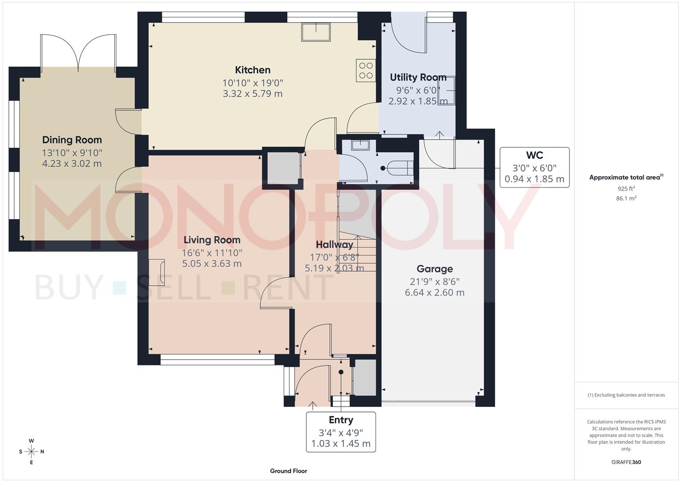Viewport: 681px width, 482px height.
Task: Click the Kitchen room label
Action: pyautogui.click(x=252, y=70)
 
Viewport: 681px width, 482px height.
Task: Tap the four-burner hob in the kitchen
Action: pyautogui.click(x=366, y=71)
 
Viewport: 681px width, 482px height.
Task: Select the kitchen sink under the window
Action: pyautogui.click(x=316, y=32)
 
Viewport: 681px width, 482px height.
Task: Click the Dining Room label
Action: pyautogui.click(x=72, y=140)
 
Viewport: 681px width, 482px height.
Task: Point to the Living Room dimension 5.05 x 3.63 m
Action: pyautogui.click(x=212, y=264)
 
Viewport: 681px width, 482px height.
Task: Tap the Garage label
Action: pyautogui.click(x=434, y=269)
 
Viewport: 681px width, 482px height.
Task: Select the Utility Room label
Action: pyautogui.click(x=418, y=77)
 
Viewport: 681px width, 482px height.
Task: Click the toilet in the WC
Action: pyautogui.click(x=398, y=168)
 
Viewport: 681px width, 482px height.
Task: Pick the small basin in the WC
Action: pyautogui.click(x=359, y=145)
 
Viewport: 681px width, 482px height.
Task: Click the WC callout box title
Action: pyautogui.click(x=534, y=155)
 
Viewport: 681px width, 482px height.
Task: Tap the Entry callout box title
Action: pyautogui.click(x=341, y=420)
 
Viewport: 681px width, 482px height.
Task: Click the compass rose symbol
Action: pyautogui.click(x=31, y=452)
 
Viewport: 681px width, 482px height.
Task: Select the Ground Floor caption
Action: pyautogui.click(x=289, y=471)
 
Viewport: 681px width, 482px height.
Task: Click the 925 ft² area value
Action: pyautogui.click(x=626, y=189)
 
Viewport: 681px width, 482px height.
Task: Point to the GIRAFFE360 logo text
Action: pyautogui.click(x=626, y=462)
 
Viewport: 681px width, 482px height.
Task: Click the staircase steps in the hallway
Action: pyautogui.click(x=357, y=252)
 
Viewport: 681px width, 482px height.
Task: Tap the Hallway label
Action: pyautogui.click(x=334, y=245)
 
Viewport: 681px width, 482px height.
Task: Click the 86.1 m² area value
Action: pyautogui.click(x=626, y=199)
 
